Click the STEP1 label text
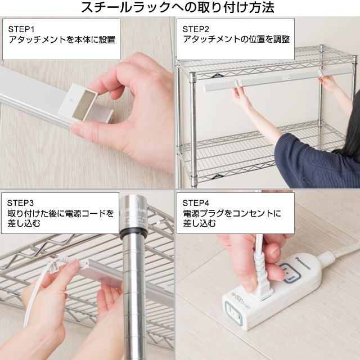click(x=21, y=29)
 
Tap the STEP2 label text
click(x=196, y=29)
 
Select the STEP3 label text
click(x=20, y=203)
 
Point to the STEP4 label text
click(x=196, y=203)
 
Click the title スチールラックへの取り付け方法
click(x=178, y=7)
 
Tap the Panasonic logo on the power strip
click(x=303, y=263)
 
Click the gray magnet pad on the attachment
click(x=83, y=105)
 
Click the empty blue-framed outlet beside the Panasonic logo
click(x=290, y=272)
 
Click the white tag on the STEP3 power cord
click(x=53, y=266)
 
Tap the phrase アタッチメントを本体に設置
click(x=62, y=40)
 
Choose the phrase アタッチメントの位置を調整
click(x=236, y=39)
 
